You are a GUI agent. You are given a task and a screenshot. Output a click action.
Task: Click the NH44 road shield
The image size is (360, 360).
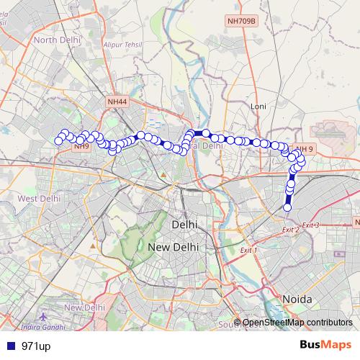(117, 103)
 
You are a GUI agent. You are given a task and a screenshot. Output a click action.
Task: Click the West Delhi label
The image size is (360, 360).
(39, 198)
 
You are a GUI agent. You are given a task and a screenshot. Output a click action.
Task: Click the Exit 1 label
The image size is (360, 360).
(249, 249)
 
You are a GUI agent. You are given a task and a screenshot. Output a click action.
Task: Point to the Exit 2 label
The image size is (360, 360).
(290, 229)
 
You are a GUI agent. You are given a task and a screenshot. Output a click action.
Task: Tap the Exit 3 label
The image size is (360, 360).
(310, 225)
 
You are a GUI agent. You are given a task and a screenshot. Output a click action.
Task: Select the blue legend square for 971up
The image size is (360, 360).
(8, 346)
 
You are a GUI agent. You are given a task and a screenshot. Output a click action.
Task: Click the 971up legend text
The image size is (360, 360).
(35, 346)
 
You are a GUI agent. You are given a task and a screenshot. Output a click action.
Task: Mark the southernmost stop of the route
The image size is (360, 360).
(288, 207)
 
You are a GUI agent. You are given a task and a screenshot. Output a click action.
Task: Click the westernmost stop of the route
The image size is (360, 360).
(58, 141)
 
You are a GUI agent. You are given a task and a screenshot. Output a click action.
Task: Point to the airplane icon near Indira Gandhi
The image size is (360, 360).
(45, 317)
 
